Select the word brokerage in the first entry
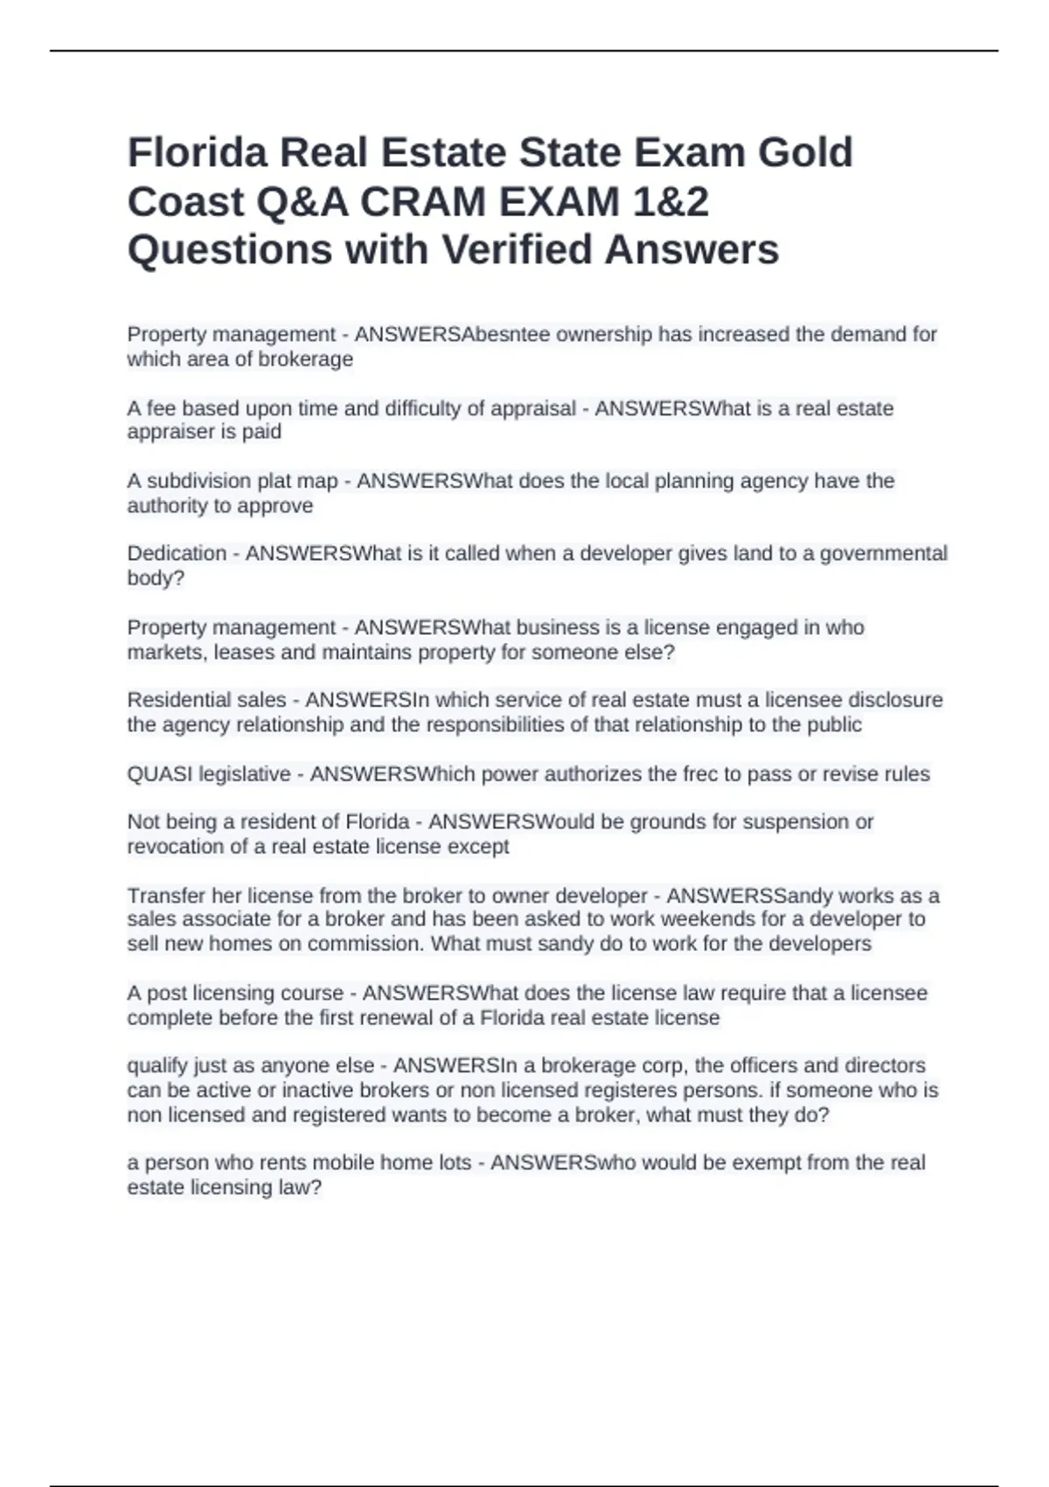pos(305,360)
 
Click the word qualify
pos(156,1066)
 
